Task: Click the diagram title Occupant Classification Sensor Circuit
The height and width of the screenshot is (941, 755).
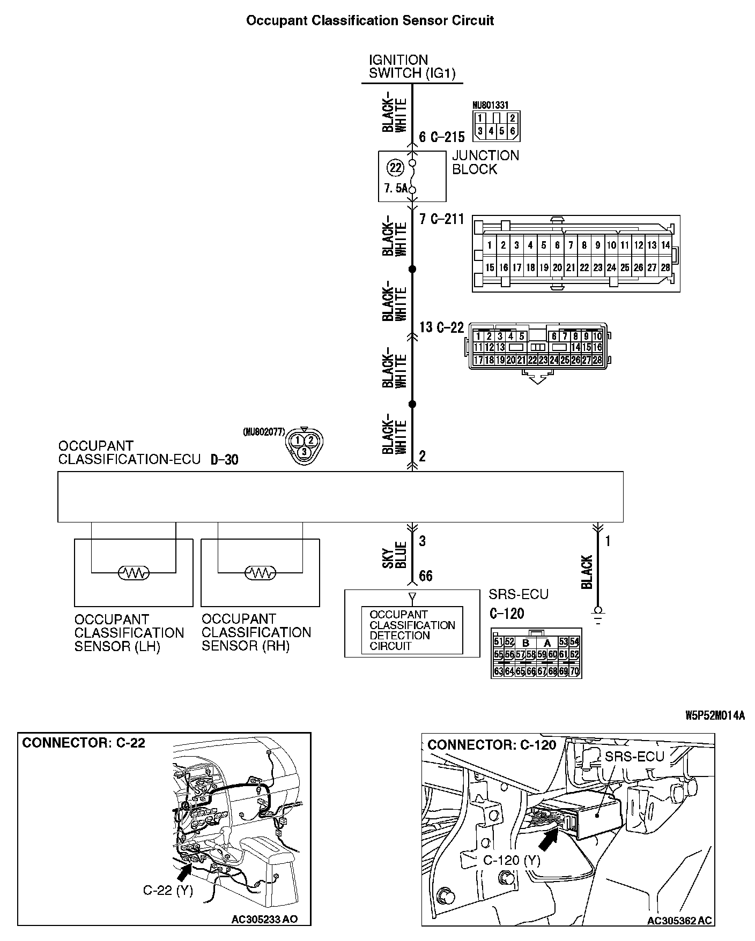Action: pos(369,21)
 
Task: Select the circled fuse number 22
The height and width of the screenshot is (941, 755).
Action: pos(395,168)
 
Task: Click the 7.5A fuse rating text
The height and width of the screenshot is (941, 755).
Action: pos(396,189)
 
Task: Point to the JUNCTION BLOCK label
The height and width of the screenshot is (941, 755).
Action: pos(485,162)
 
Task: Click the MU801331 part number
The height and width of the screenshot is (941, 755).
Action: pos(490,106)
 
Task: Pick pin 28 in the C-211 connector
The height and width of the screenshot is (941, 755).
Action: pos(665,267)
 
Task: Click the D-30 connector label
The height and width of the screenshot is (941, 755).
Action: pos(224,460)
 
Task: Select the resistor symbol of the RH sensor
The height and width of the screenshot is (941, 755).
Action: pos(260,573)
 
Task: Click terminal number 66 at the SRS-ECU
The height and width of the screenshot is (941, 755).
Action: pos(426,576)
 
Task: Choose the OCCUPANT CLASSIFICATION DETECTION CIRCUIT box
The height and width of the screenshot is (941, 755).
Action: pos(412,630)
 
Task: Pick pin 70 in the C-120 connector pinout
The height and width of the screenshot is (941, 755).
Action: pos(574,671)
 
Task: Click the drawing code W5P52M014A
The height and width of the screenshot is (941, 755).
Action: pos(714,715)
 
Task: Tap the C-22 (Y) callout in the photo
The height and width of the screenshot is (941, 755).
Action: pos(167,890)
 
